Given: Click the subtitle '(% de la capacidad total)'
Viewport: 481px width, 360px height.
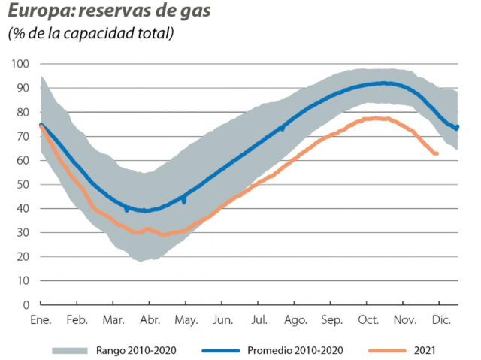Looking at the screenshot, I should click(x=90, y=34).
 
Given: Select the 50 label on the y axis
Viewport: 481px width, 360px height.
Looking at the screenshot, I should click(x=23, y=184).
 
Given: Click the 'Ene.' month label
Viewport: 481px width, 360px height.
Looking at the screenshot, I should click(x=40, y=320).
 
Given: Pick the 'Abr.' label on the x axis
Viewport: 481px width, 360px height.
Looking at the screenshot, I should click(x=150, y=320).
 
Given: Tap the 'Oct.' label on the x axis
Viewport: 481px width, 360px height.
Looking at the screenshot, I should click(x=368, y=320).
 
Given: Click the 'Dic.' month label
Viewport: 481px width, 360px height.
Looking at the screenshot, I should click(x=440, y=320).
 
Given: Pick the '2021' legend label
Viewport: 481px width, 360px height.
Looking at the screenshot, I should click(x=425, y=349).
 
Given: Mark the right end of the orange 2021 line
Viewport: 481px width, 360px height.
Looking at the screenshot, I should click(x=437, y=153).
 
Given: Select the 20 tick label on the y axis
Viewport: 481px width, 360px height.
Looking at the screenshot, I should click(x=23, y=256).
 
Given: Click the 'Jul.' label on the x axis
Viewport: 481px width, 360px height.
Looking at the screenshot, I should click(x=259, y=320).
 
